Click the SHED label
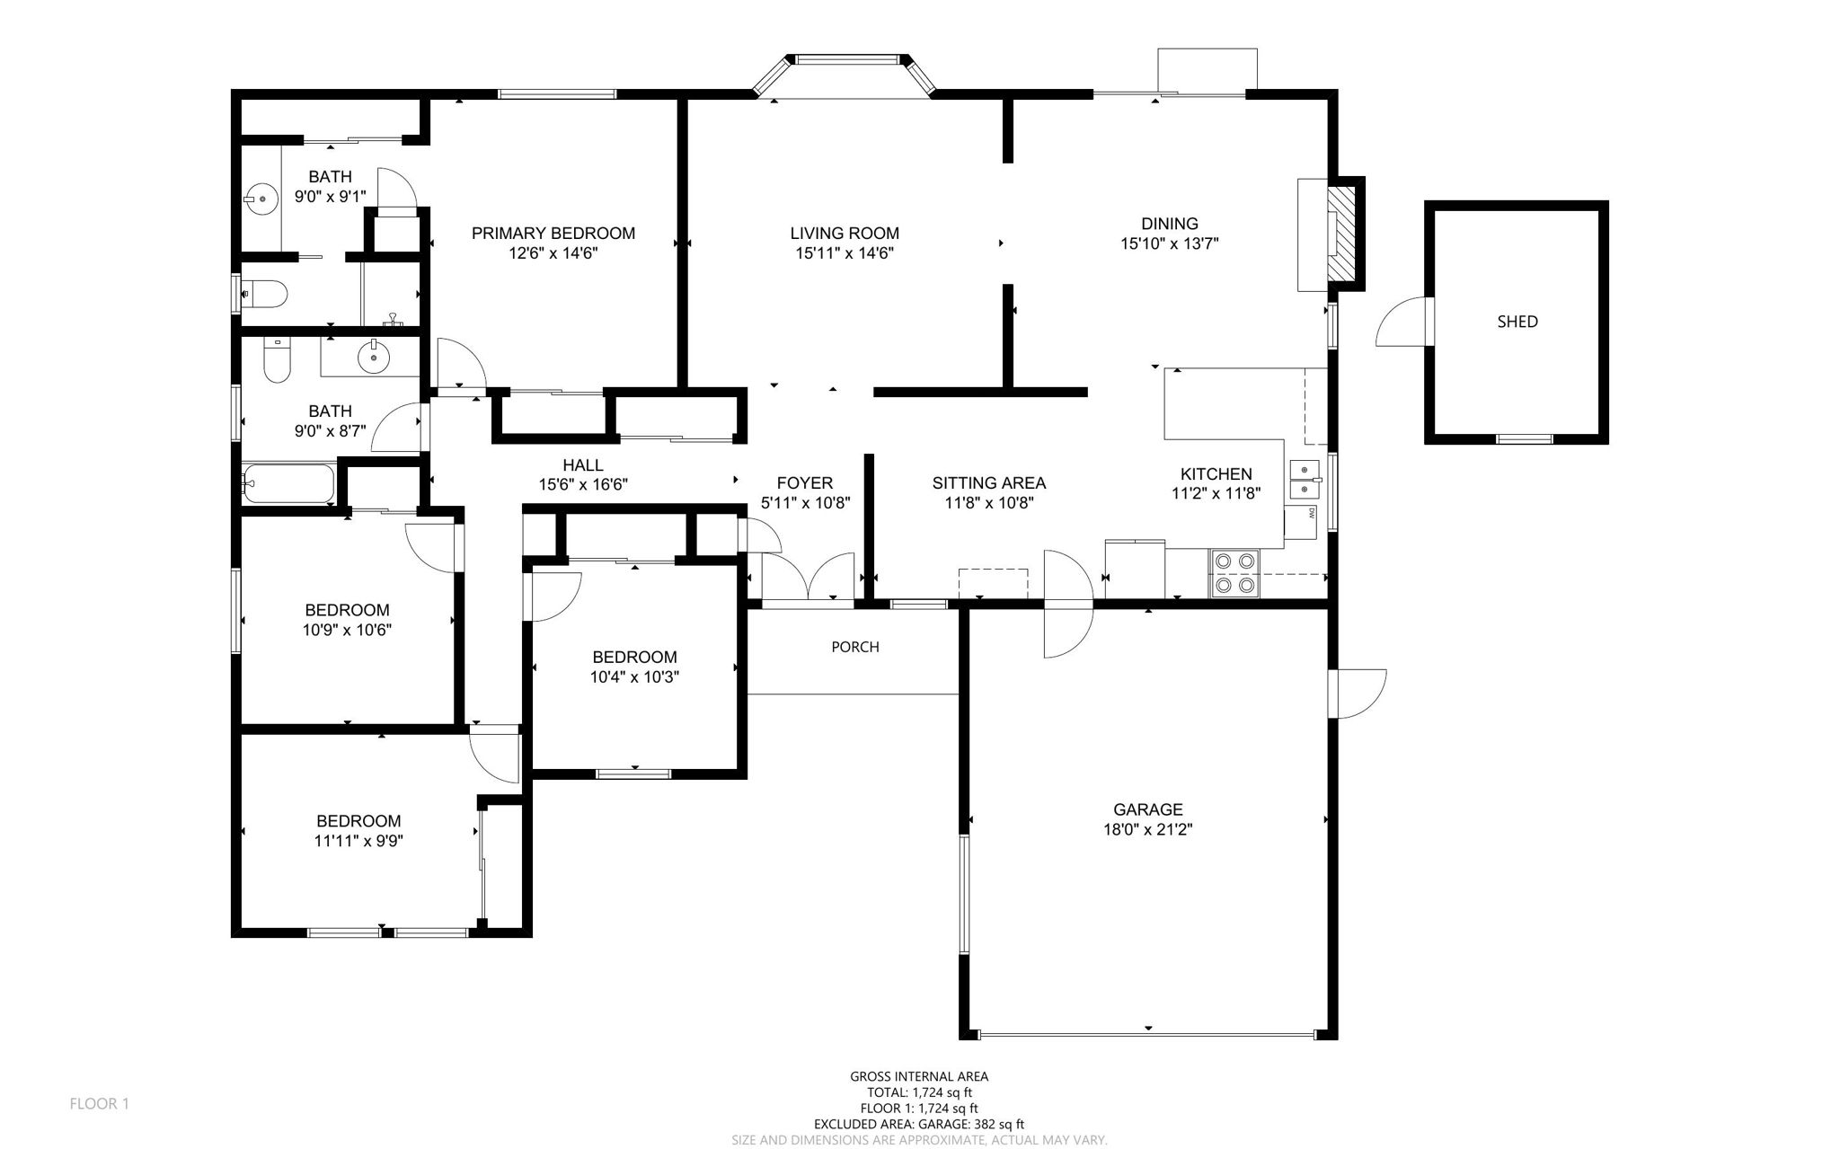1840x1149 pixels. [1517, 322]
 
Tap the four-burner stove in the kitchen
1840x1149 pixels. [1234, 573]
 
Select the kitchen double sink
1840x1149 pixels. [1304, 480]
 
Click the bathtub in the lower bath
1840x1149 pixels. [287, 484]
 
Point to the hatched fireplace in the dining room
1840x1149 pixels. [1342, 233]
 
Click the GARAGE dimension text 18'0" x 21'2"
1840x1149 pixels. [1147, 830]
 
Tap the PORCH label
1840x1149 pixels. [854, 647]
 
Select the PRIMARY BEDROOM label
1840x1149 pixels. [553, 234]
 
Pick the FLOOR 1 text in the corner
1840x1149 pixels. [99, 1103]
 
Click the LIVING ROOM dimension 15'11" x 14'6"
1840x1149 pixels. [844, 253]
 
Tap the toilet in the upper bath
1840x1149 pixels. [265, 294]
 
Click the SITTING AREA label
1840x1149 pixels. [988, 483]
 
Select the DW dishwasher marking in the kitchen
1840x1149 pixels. [1311, 514]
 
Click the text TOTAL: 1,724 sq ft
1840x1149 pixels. [918, 1092]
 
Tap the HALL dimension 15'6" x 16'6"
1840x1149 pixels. [582, 485]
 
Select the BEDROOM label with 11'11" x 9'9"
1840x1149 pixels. [358, 821]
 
